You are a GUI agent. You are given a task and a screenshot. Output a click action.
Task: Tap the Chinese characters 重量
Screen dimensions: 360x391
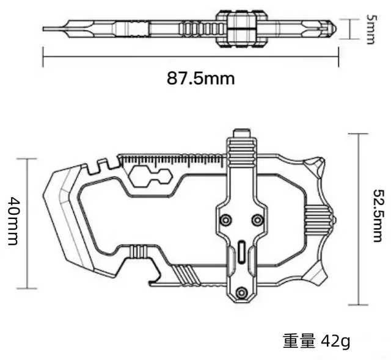pyautogui.click(x=299, y=341)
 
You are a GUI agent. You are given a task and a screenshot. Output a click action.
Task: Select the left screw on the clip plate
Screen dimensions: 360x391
pyautogui.click(x=225, y=219)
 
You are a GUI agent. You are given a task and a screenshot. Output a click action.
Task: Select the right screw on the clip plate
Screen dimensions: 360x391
pyautogui.click(x=257, y=219)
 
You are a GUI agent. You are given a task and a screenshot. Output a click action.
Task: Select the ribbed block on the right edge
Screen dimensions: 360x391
pyautogui.click(x=318, y=218)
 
